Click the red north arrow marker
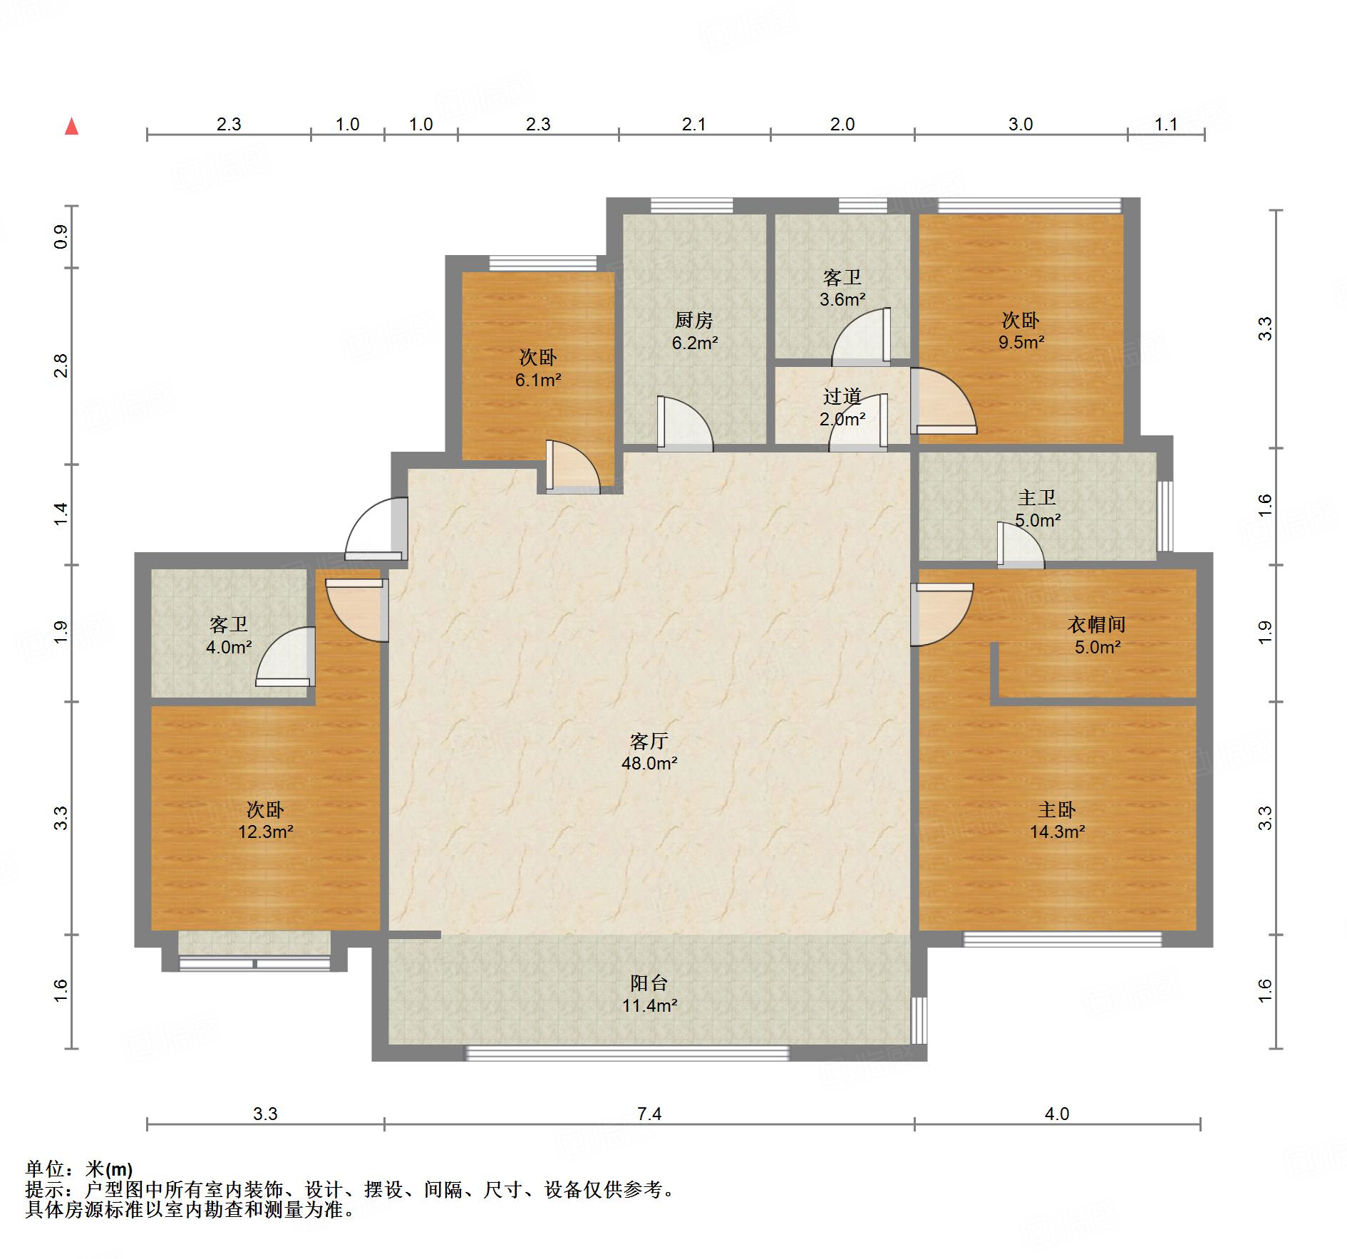coord(71,126)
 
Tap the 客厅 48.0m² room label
coord(649,752)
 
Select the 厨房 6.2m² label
coord(694,331)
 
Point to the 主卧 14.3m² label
coord(1057,820)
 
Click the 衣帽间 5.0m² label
coord(1097,636)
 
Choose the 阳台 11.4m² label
coord(649,994)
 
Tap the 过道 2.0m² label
coord(842,408)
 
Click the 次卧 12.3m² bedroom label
coord(266,820)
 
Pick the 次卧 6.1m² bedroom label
coord(538,368)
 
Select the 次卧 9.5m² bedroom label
coord(1021,331)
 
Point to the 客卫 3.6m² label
coord(842,288)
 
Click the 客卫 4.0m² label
coord(229,636)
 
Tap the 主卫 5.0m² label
coord(1037,509)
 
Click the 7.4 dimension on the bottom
coord(649,1114)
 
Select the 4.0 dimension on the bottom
coord(1057,1114)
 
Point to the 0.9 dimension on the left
coord(61,237)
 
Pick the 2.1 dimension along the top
coord(693,125)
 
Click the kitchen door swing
coord(686,424)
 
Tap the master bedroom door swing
coord(942,614)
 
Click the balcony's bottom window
coord(627,1053)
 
